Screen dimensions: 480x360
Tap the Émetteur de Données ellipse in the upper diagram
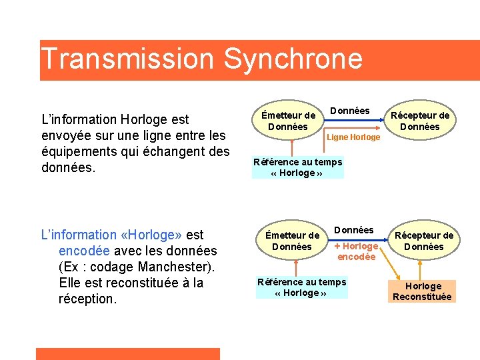click(287, 121)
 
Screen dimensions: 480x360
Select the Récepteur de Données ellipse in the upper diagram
click(420, 121)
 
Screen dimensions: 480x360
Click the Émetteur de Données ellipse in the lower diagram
click(292, 241)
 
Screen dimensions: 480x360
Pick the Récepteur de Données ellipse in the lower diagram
click(423, 241)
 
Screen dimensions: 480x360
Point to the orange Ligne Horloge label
click(354, 137)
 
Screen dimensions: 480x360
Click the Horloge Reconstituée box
click(422, 291)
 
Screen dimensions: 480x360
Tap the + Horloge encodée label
click(357, 251)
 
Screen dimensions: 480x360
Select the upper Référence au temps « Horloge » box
click(297, 167)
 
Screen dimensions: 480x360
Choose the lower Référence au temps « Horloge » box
click(301, 287)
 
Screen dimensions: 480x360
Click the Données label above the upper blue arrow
click(350, 111)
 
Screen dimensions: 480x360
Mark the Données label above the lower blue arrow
click(353, 230)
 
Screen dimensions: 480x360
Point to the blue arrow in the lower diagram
click(363, 241)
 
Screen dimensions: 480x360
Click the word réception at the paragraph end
click(87, 299)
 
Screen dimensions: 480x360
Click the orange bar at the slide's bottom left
click(127, 353)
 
